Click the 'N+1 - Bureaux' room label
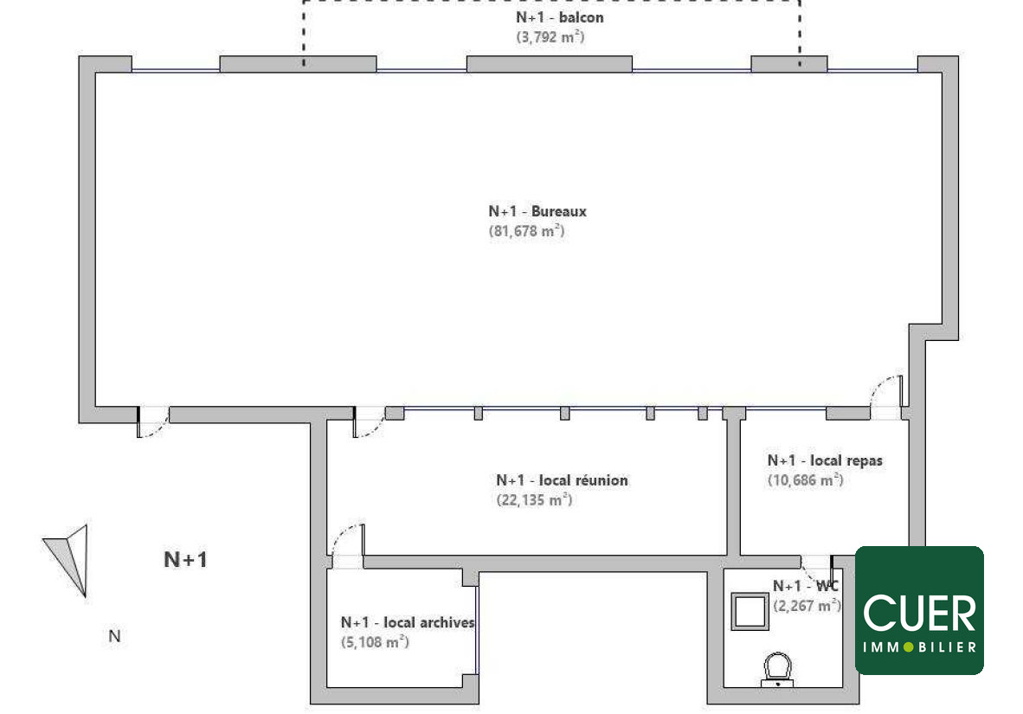click(537, 211)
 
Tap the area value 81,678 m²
click(526, 231)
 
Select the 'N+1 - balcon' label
click(560, 17)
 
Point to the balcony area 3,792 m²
click(550, 37)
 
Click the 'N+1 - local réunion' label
click(562, 480)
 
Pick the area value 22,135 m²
click(534, 500)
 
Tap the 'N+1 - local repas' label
click(825, 460)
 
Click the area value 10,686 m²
click(806, 480)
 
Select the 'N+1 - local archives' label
click(408, 622)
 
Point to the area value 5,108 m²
click(375, 642)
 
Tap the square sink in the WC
click(750, 612)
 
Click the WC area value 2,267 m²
click(807, 606)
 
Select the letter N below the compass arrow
click(114, 636)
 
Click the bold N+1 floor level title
click(185, 559)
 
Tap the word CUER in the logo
click(919, 613)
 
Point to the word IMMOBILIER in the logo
click(919, 647)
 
